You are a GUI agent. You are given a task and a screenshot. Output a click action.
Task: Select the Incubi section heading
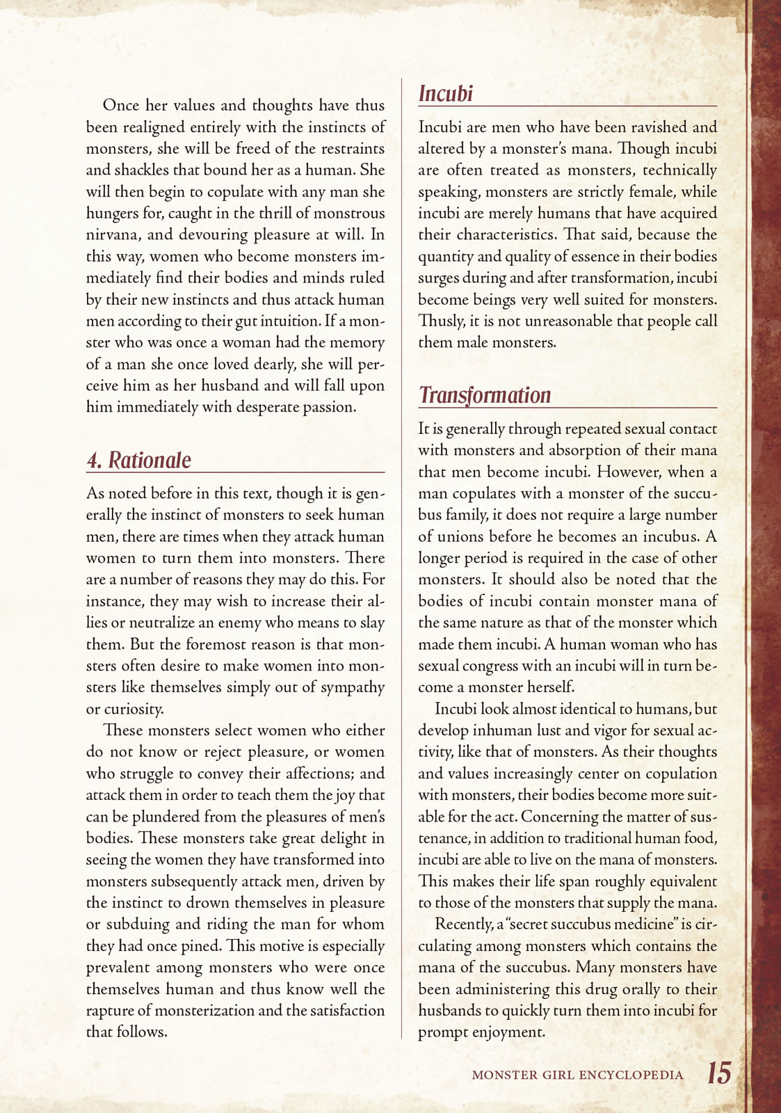pyautogui.click(x=446, y=94)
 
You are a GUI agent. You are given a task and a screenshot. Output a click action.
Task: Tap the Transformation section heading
pyautogui.click(x=485, y=395)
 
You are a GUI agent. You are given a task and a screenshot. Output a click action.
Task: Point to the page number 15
pyautogui.click(x=719, y=1073)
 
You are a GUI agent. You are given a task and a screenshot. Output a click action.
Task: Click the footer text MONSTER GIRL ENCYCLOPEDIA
pyautogui.click(x=577, y=1075)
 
